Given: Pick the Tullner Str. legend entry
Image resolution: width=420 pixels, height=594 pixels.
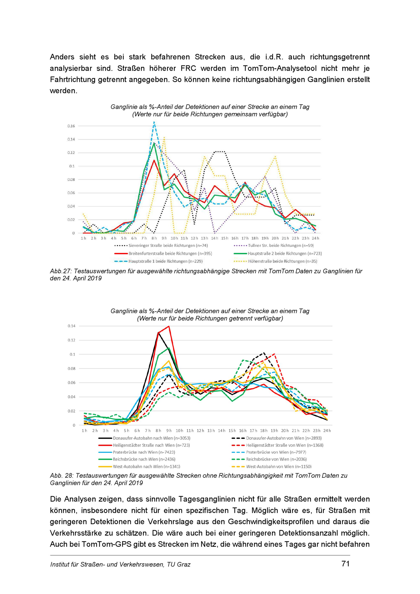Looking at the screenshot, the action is coord(274,246).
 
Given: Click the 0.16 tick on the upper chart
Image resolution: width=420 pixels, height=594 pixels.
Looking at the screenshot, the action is coord(71,126).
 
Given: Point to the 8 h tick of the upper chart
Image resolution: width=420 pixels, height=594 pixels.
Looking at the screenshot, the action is coord(154,238).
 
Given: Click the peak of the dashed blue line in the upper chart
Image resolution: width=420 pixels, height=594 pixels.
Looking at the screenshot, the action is coord(154,122).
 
